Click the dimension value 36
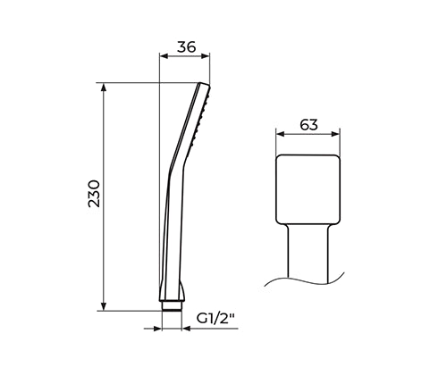pyautogui.click(x=187, y=47)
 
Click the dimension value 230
pyautogui.click(x=94, y=194)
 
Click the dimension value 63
pyautogui.click(x=308, y=125)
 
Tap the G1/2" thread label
pyautogui.click(x=215, y=319)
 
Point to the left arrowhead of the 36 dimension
pyautogui.click(x=164, y=56)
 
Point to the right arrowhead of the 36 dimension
pyautogui.click(x=206, y=56)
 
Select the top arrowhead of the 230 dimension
pyautogui.click(x=104, y=88)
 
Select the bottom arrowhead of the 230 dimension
pyautogui.click(x=104, y=306)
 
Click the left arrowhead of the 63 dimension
pyautogui.click(x=281, y=134)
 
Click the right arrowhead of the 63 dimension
pyautogui.click(x=335, y=134)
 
